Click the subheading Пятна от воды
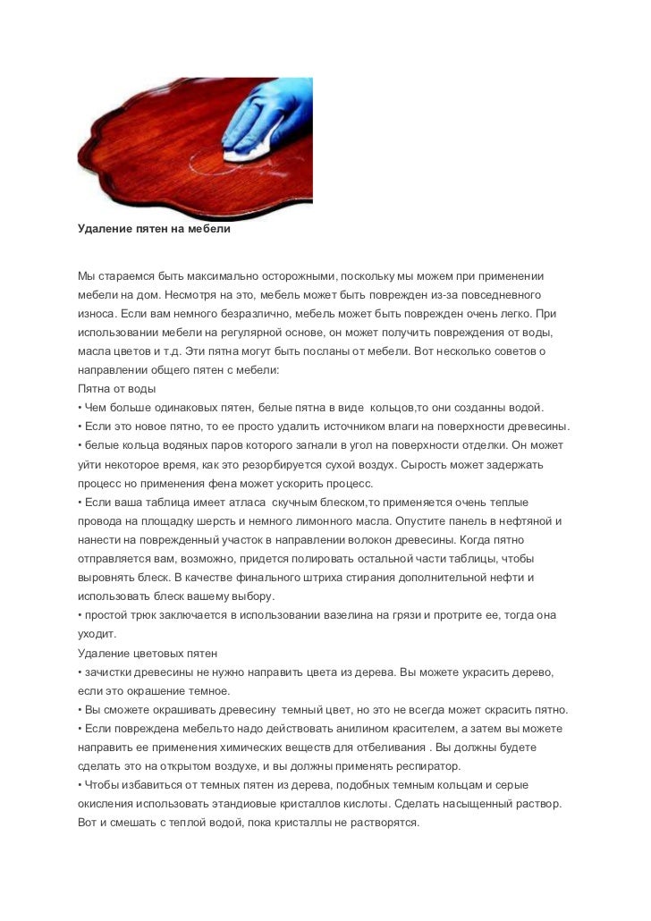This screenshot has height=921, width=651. pos(117,389)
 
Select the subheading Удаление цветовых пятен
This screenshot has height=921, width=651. pos(148,655)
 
